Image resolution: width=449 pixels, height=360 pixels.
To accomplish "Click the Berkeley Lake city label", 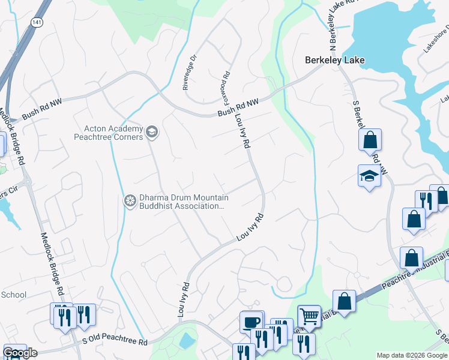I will pyautogui.click(x=335, y=61).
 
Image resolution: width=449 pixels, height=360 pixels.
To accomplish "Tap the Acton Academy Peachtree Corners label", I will pyautogui.click(x=109, y=132).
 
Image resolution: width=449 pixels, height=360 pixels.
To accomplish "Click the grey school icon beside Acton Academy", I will pyautogui.click(x=152, y=131).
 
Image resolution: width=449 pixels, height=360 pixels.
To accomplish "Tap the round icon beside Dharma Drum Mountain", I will pyautogui.click(x=129, y=201).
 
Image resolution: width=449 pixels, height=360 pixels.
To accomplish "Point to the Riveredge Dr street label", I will pyautogui.click(x=190, y=73).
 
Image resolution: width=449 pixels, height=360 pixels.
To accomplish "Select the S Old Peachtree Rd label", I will pyautogui.click(x=115, y=342).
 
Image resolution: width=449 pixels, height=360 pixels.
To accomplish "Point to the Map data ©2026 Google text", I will pyautogui.click(x=411, y=355).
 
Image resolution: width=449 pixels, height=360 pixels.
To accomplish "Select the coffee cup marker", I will pyautogui.click(x=251, y=321).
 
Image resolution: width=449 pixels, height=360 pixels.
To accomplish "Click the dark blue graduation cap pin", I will pyautogui.click(x=370, y=176).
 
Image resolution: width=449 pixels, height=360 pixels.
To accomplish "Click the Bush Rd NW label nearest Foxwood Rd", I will pyautogui.click(x=238, y=107).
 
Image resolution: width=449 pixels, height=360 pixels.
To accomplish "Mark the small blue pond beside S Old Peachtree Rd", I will pyautogui.click(x=187, y=340).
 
